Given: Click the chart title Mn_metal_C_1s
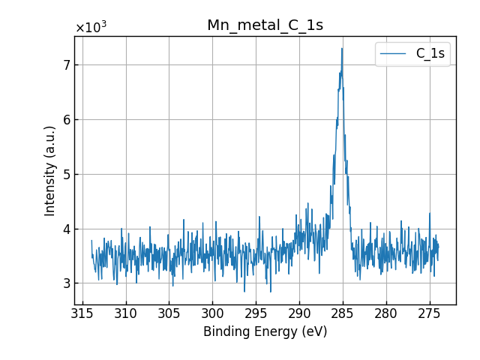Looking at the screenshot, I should click(265, 25).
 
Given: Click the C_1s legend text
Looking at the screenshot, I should click(430, 54).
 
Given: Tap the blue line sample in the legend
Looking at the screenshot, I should click(394, 54).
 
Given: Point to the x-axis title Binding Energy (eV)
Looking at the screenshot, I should click(265, 331).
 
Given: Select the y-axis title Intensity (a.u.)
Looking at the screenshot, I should click(50, 170).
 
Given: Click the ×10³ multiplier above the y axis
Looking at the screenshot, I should click(91, 28).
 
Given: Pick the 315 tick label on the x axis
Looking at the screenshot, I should click(82, 312).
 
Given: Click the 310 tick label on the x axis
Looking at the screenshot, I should click(126, 312).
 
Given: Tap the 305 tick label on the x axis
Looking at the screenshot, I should click(169, 312).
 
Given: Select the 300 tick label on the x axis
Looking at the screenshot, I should click(212, 312).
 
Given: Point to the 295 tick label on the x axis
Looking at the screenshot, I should click(256, 312).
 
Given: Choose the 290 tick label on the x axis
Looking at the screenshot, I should click(299, 312).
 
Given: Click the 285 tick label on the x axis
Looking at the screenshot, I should click(342, 312).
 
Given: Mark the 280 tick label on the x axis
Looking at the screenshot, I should click(385, 312).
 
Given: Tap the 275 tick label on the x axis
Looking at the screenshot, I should click(429, 312).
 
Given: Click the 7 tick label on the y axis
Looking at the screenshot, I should click(66, 65).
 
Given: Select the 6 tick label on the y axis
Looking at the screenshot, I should click(66, 120).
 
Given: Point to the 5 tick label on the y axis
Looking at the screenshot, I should click(66, 175).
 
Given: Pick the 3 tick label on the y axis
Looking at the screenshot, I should click(66, 283).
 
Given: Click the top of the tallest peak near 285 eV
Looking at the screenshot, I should click(342, 49).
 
